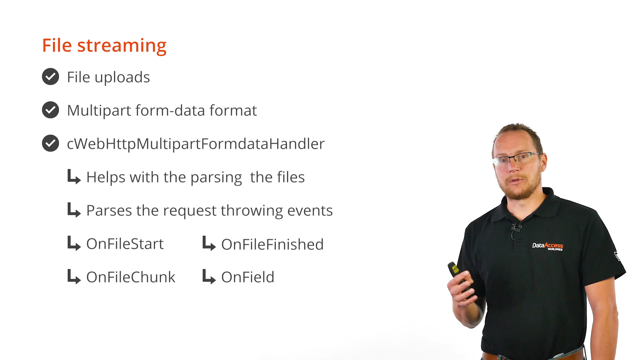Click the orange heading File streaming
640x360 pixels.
point(104,46)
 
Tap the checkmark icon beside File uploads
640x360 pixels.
point(50,77)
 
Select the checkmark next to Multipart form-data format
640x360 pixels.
point(50,110)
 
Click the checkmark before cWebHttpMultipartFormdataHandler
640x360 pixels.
point(50,143)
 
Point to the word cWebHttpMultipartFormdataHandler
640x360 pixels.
point(196,144)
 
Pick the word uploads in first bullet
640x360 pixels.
point(122,77)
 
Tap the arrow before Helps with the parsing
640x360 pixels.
point(74,177)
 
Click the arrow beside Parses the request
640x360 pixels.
point(74,210)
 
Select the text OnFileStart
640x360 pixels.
point(125,244)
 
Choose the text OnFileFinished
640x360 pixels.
point(272,244)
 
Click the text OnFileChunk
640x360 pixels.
point(131,277)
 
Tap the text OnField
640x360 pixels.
point(248,277)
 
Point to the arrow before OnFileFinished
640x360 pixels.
point(209,243)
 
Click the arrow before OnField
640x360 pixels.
point(209,277)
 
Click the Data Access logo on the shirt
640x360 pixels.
point(548,246)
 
